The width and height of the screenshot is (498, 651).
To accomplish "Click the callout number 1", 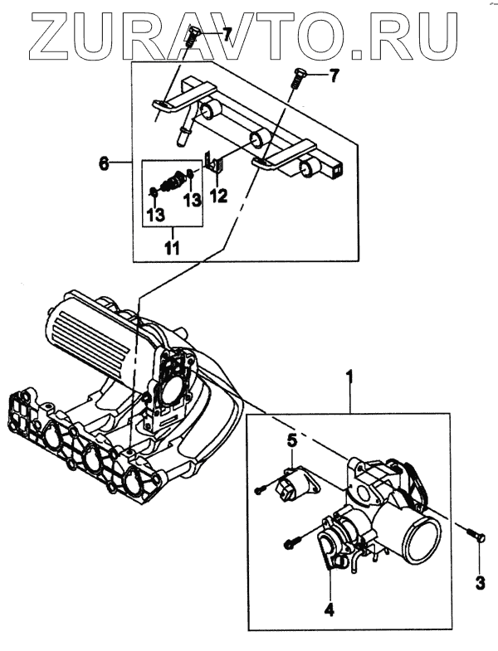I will [x=349, y=377].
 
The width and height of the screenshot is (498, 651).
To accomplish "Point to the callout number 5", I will [x=291, y=440].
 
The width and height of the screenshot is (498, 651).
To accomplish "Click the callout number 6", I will [x=104, y=163].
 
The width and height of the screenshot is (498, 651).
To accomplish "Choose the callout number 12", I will [x=217, y=197].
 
